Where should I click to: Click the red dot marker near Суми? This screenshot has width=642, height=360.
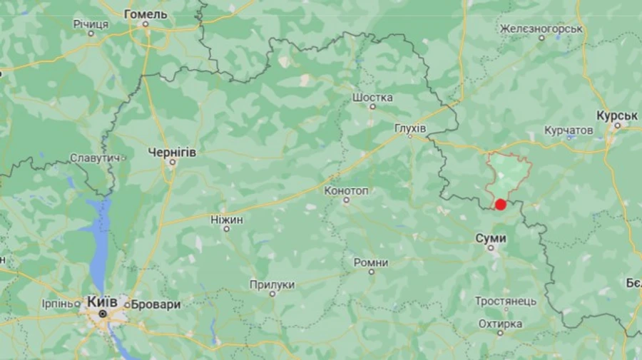(501, 205)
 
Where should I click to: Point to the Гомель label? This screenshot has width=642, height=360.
(146, 14)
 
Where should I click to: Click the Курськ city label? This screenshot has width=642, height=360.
(617, 115)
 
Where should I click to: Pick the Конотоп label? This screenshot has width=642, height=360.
(346, 190)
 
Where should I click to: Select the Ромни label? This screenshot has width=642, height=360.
(371, 262)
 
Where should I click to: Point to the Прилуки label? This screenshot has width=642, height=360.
(272, 284)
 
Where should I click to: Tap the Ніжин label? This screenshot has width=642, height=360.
(227, 220)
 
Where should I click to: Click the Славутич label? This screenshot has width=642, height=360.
(93, 158)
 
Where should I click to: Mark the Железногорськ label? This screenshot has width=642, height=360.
(541, 29)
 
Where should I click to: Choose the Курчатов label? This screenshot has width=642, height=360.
(569, 130)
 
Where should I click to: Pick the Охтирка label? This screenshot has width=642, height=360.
(500, 324)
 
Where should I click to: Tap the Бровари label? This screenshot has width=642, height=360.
(155, 304)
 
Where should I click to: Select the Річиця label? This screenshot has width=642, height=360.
(91, 24)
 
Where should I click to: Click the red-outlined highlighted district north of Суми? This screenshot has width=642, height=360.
(507, 175)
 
